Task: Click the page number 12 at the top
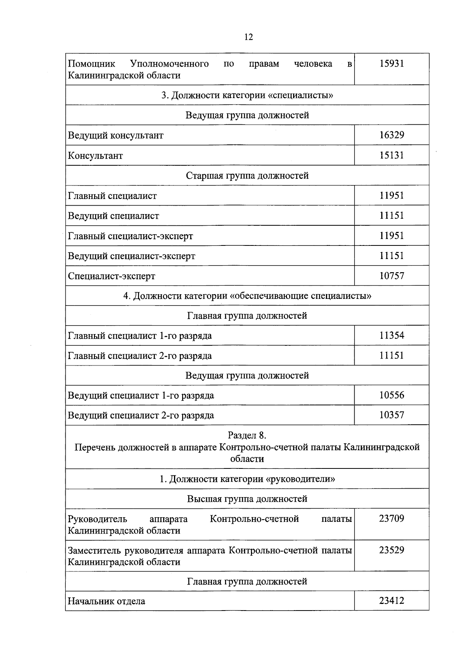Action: tap(249, 37)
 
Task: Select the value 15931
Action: tap(391, 64)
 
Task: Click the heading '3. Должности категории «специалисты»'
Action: tap(247, 95)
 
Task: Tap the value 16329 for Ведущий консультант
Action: tap(391, 135)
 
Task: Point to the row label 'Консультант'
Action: tap(96, 156)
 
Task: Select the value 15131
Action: tap(391, 155)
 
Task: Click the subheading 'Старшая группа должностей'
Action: tap(247, 176)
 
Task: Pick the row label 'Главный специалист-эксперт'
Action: tap(130, 236)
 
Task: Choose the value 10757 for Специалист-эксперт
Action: tap(391, 276)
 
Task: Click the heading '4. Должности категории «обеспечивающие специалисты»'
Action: tap(247, 296)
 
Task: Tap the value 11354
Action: tap(391, 336)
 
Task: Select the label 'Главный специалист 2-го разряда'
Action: tap(140, 356)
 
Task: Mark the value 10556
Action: tap(391, 395)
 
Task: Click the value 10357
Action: tap(391, 415)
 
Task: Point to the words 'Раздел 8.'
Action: tap(247, 436)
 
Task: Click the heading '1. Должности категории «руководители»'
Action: tap(247, 479)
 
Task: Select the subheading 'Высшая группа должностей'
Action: tap(247, 499)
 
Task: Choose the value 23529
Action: tap(391, 550)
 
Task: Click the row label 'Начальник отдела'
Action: tap(107, 601)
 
